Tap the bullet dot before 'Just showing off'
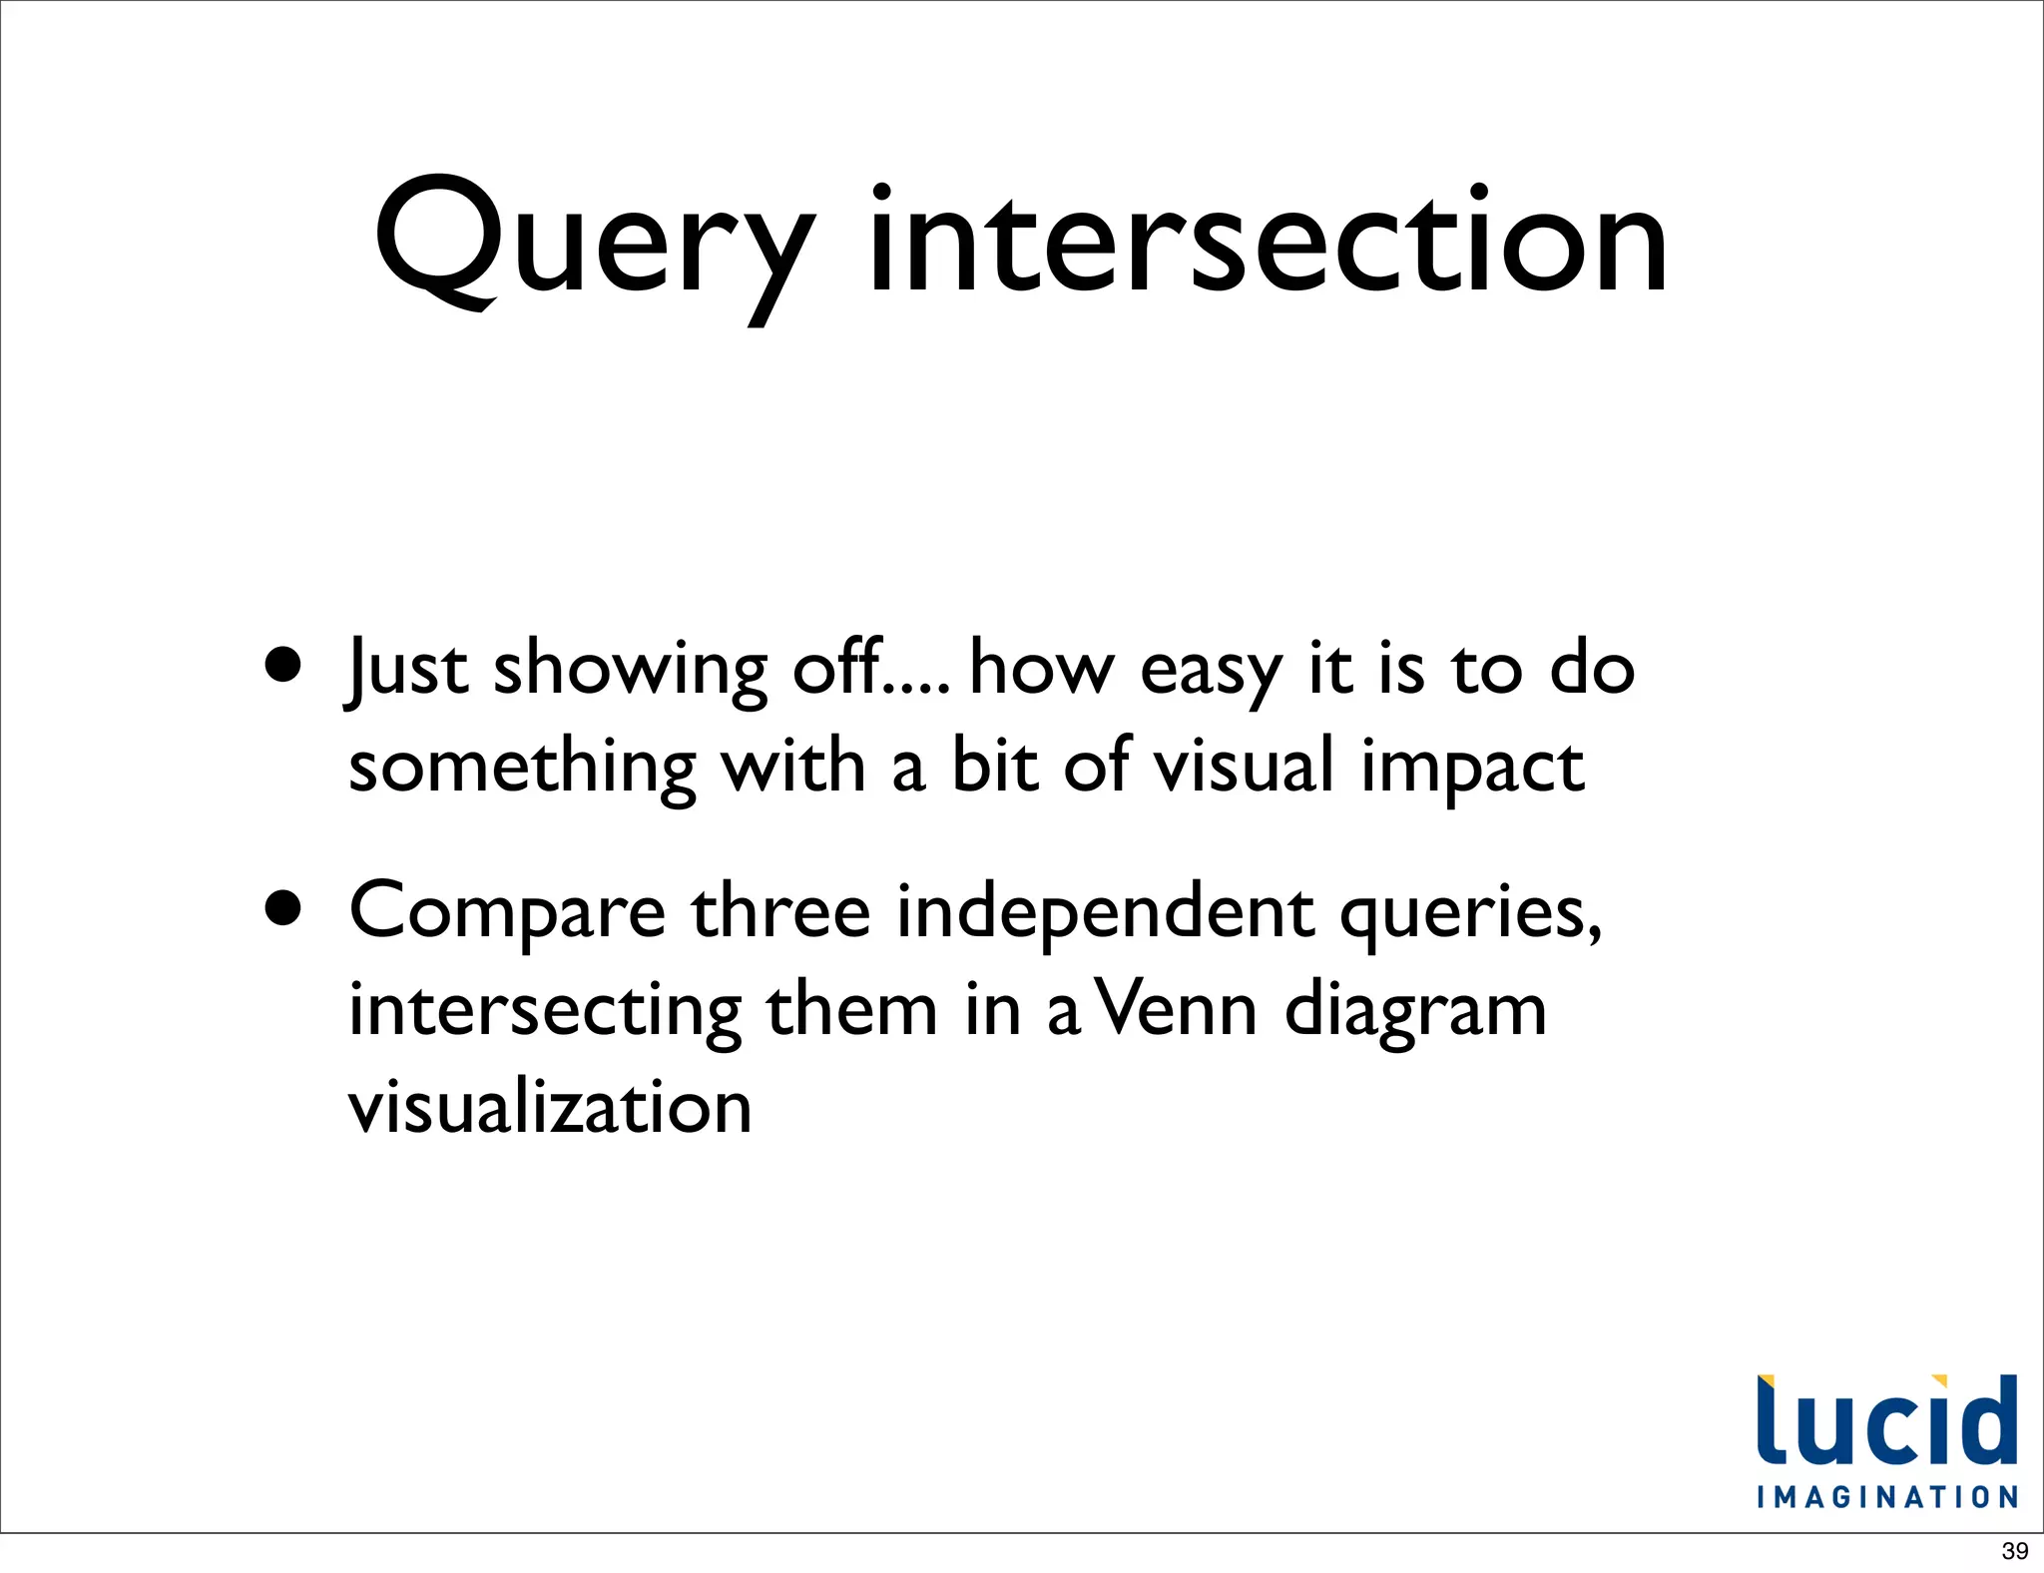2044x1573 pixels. click(283, 666)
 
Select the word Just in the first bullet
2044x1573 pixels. click(406, 669)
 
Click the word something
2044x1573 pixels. click(522, 769)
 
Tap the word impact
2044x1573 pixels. click(1472, 769)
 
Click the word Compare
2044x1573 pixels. click(507, 912)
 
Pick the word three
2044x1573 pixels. click(781, 910)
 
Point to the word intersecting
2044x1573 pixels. click(545, 1011)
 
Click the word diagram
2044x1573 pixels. click(1415, 1011)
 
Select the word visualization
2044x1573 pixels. click(550, 1107)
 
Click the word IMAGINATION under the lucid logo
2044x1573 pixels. click(1887, 1497)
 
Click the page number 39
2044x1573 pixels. click(2015, 1551)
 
